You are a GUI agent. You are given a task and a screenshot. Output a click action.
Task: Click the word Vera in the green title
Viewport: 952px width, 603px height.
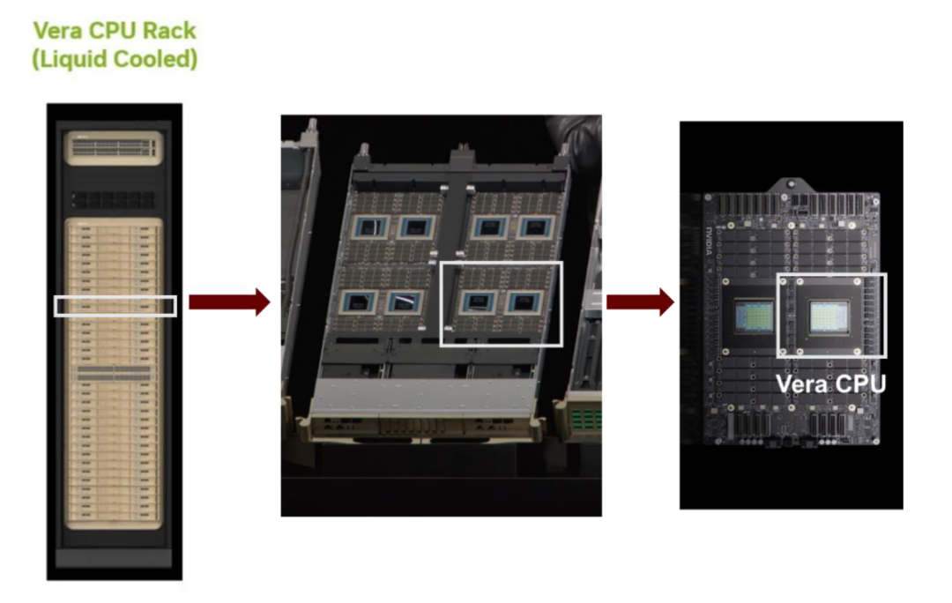[57, 30]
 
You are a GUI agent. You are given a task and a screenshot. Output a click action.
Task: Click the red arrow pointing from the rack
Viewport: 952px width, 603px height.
[229, 301]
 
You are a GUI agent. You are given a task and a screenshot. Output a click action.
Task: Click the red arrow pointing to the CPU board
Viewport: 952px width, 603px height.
[641, 301]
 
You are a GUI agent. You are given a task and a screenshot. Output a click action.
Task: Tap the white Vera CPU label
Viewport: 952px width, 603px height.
[830, 383]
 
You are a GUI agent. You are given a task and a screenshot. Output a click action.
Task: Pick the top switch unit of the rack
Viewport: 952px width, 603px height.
[114, 147]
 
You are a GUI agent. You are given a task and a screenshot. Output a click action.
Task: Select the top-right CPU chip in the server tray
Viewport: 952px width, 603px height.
[535, 227]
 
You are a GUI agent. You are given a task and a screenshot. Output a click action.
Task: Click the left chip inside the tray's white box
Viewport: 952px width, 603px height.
[479, 301]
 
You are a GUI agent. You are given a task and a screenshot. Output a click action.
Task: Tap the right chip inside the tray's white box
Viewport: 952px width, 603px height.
[523, 301]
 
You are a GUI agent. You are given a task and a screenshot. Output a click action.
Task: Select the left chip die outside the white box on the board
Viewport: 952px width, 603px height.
[754, 316]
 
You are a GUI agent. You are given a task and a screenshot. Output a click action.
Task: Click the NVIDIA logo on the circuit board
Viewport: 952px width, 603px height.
[710, 241]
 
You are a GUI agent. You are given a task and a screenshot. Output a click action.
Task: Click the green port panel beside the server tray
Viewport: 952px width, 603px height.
[586, 419]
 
